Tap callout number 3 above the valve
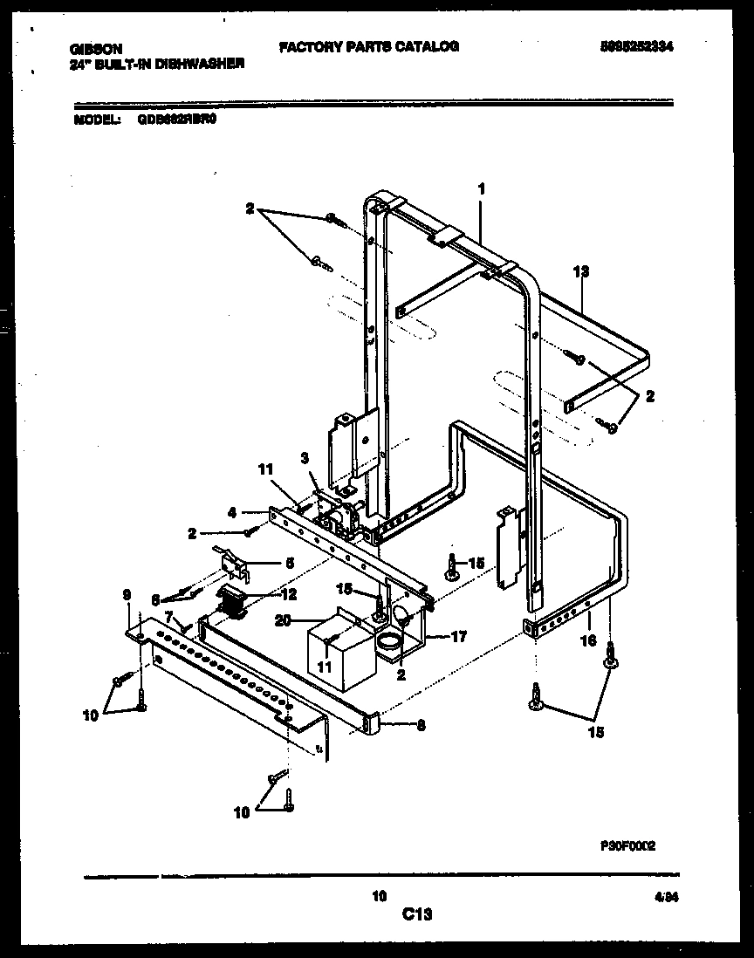pos(305,457)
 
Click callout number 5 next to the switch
pos(289,563)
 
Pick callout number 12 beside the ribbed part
pos(289,594)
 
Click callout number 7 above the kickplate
pos(168,616)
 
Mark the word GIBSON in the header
pos(95,50)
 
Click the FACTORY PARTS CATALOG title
pos(368,46)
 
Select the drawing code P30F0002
pos(627,845)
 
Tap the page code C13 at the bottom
pos(417,914)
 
